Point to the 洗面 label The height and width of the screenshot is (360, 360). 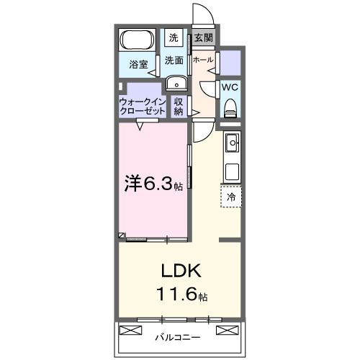point(174,60)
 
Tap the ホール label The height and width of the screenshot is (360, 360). point(202,60)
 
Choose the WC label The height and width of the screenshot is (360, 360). point(230,86)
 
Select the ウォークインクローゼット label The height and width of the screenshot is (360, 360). point(143,106)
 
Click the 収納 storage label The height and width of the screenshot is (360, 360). point(179,107)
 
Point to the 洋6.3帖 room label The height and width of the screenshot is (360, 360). point(154,184)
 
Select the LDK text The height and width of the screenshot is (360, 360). point(180,271)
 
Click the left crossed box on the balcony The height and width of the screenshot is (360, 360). point(131,330)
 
